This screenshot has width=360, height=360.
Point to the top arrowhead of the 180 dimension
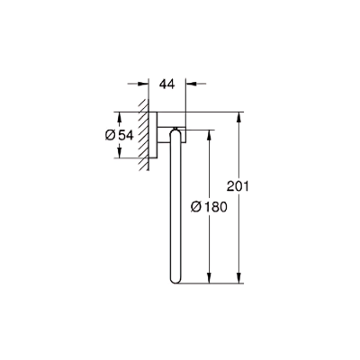210,132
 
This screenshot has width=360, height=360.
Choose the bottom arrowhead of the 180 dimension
210,282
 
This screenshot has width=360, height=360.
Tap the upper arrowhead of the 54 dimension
119,114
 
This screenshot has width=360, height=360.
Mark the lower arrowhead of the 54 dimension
119,156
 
